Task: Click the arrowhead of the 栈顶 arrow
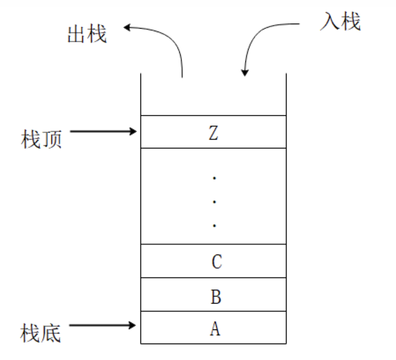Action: click(x=133, y=132)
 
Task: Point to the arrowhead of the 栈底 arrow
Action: click(x=133, y=325)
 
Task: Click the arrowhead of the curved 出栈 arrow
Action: click(x=127, y=28)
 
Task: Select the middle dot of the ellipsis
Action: click(x=214, y=202)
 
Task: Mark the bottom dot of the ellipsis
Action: click(x=214, y=225)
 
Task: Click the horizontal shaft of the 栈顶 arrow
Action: click(x=99, y=132)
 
